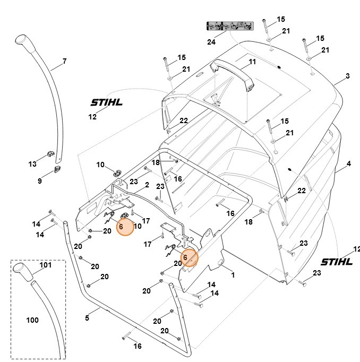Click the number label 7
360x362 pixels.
tap(64, 62)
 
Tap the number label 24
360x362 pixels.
tap(212, 41)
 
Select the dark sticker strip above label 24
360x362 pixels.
tap(228, 26)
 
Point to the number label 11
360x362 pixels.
tap(252, 62)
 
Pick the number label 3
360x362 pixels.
tap(347, 76)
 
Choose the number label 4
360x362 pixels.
tap(348, 164)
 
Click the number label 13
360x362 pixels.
tap(32, 164)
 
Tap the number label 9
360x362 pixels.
tap(39, 181)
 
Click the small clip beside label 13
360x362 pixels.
tap(50, 154)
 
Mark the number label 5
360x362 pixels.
tap(87, 317)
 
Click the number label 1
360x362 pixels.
tap(232, 274)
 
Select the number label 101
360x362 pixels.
tap(46, 265)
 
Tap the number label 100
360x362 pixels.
tap(32, 320)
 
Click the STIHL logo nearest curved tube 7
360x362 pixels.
tap(106, 102)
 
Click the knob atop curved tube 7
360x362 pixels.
tap(23, 40)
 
